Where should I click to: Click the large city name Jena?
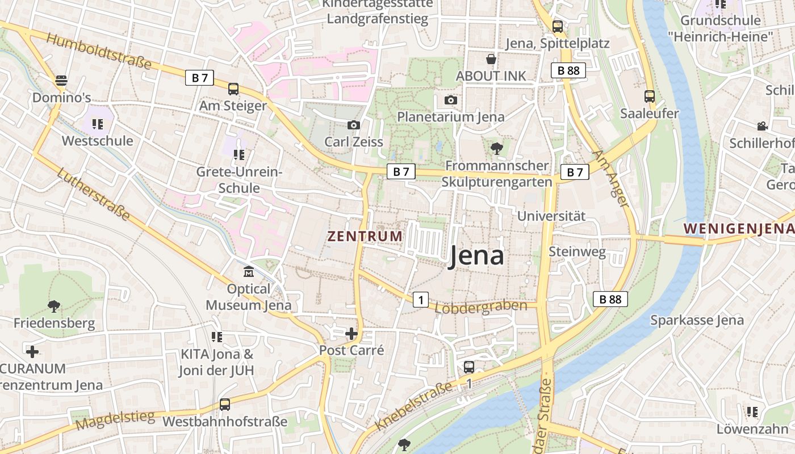476,256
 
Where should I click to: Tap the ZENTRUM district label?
365,236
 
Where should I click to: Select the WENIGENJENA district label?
738,229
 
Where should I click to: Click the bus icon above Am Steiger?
233,89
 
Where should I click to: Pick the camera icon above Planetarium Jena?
451,100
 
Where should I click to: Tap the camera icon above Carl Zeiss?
354,125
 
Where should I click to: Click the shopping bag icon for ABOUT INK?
491,59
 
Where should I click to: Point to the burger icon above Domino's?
61,81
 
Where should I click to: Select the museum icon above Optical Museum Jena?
249,272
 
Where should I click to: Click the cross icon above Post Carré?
352,334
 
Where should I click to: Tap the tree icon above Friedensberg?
54,306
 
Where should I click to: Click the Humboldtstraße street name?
99,51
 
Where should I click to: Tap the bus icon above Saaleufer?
650,96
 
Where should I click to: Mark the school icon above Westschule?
98,124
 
